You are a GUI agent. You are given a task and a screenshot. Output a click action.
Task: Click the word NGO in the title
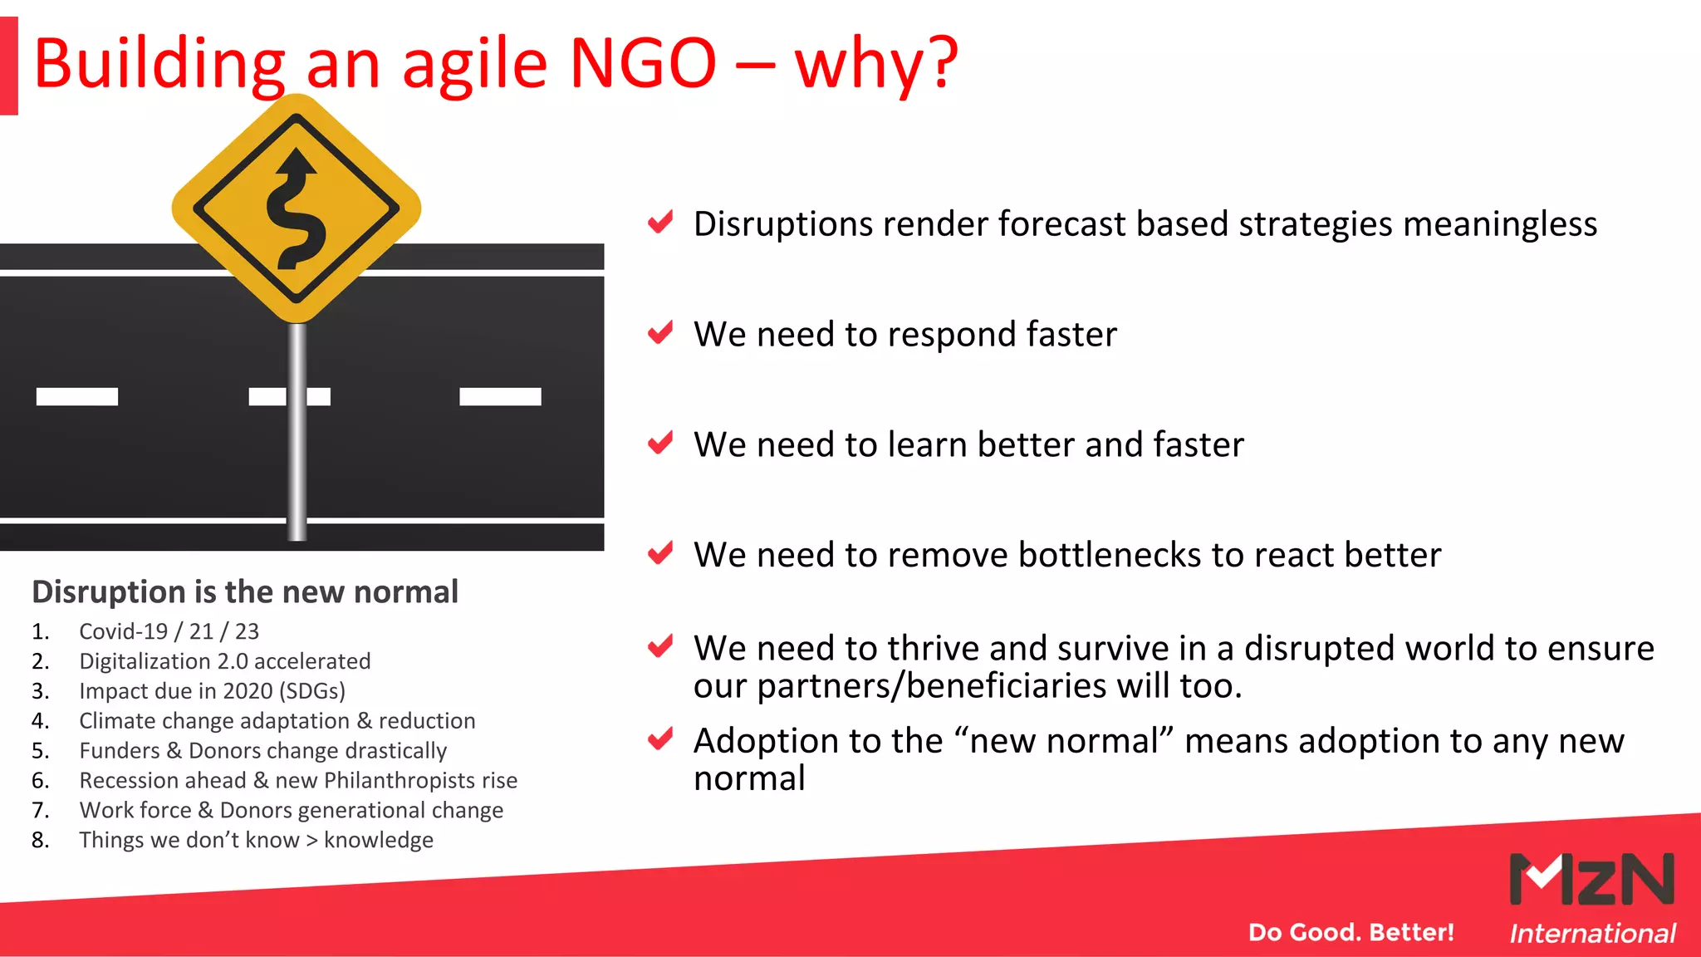click(643, 63)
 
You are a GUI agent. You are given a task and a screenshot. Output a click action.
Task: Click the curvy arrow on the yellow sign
click(295, 209)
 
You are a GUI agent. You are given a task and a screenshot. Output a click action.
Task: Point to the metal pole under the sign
click(297, 432)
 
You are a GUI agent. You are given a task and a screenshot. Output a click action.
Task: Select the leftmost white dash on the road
click(77, 396)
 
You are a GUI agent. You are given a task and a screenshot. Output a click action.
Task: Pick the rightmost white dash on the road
click(500, 396)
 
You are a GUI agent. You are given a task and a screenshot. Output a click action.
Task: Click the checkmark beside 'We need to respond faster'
click(660, 333)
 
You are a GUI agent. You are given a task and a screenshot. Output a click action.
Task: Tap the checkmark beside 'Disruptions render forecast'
click(660, 223)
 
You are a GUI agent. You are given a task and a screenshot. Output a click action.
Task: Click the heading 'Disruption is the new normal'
click(245, 591)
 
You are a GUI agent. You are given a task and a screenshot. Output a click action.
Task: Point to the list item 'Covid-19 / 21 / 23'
click(169, 631)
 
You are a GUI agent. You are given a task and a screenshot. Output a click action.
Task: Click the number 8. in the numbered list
click(40, 840)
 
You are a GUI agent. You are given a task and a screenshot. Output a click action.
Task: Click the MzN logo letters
click(1591, 879)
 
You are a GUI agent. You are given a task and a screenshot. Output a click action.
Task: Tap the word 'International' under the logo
click(1592, 933)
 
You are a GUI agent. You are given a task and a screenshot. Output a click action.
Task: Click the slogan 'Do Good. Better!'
click(1351, 932)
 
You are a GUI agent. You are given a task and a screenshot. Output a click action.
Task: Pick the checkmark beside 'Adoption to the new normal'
click(660, 739)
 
